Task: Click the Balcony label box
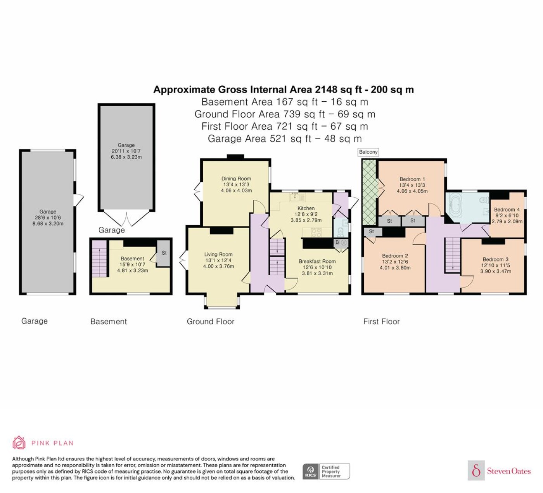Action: point(368,152)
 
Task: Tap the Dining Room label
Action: point(236,179)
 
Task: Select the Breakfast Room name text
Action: point(317,262)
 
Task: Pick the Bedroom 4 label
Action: point(507,210)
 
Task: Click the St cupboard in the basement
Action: point(164,253)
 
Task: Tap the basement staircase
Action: point(99,259)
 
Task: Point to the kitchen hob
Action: point(316,232)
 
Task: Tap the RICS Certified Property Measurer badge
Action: point(326,471)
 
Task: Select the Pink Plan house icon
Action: point(19,443)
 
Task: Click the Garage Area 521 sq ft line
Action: point(285,139)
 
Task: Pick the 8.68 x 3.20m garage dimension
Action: point(48,224)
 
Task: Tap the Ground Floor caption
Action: point(211,321)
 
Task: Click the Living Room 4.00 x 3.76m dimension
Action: point(218,266)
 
